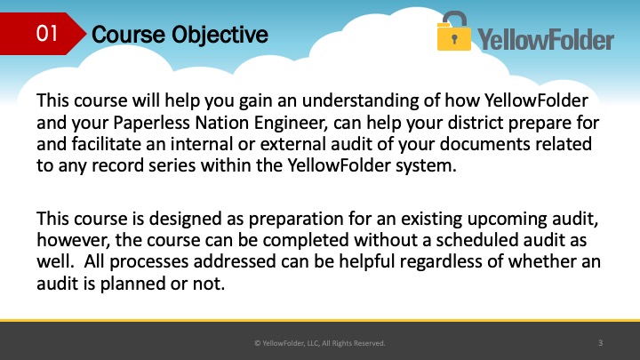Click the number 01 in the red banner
point(46,33)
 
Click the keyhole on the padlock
point(454,39)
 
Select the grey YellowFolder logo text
point(546,40)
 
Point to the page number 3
point(600,343)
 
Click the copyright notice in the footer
point(320,343)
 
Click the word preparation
point(296,220)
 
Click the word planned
point(132,284)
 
